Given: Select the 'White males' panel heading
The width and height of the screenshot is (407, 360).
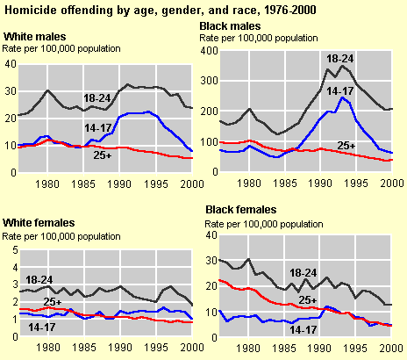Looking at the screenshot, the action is click(x=35, y=37).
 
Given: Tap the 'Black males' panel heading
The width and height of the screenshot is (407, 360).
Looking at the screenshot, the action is click(x=230, y=26).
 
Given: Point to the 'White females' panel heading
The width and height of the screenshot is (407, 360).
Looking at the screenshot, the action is click(x=39, y=223).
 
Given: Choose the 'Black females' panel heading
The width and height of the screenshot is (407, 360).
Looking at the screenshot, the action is click(x=241, y=210).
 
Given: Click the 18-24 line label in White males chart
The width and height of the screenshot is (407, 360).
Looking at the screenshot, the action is click(x=97, y=98).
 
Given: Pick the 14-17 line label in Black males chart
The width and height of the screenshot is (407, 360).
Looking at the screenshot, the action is click(x=340, y=91).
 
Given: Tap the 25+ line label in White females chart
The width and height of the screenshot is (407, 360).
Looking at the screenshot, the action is click(x=53, y=301).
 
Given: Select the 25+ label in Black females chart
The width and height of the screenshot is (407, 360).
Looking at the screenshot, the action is click(x=308, y=300).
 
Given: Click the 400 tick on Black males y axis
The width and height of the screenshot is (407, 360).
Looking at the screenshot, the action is click(x=209, y=51).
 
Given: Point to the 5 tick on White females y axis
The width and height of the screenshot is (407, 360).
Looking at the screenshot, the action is click(x=15, y=250).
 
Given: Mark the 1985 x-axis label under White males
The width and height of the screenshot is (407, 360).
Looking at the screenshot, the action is click(x=83, y=184).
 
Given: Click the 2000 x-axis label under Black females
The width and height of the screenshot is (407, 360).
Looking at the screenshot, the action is click(x=391, y=349).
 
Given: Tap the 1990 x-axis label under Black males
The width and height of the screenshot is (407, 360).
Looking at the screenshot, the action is click(x=320, y=184).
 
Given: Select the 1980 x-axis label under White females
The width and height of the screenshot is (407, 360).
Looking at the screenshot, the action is click(x=48, y=348).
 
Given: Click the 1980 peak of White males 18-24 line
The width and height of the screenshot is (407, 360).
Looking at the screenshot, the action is click(x=48, y=90).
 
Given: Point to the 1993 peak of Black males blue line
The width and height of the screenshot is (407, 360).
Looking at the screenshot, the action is click(x=342, y=97).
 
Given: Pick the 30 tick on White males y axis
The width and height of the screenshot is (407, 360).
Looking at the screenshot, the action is click(x=11, y=91).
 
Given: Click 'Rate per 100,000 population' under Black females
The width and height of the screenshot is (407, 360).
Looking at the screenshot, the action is click(x=264, y=225).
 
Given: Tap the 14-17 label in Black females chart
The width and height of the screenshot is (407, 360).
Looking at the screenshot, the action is click(x=303, y=330).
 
